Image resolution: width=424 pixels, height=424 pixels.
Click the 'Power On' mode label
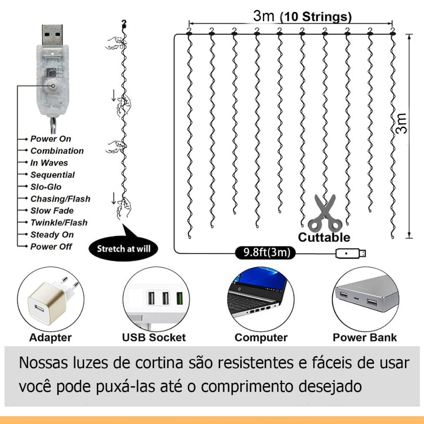pos(51,139)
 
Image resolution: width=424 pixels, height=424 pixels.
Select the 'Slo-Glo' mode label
pos(46,187)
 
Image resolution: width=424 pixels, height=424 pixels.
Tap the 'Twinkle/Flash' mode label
pos(59,222)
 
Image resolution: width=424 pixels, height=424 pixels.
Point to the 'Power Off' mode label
pos(51,247)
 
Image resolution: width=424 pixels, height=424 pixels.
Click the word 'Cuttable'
pos(324,237)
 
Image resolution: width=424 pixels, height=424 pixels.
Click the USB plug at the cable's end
pos(351,253)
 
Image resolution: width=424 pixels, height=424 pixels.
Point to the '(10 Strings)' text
pos(316,17)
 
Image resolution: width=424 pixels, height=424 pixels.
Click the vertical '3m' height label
pos(401,123)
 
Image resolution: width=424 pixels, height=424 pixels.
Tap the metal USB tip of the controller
pos(53,35)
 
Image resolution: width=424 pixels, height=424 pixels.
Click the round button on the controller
pos(53,86)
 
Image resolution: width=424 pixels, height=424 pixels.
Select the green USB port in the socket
pos(179,298)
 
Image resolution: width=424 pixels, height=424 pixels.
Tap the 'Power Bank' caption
pos(365,337)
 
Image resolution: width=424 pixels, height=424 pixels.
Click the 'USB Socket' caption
pos(154,337)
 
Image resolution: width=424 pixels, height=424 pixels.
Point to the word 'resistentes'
pos(255,363)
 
